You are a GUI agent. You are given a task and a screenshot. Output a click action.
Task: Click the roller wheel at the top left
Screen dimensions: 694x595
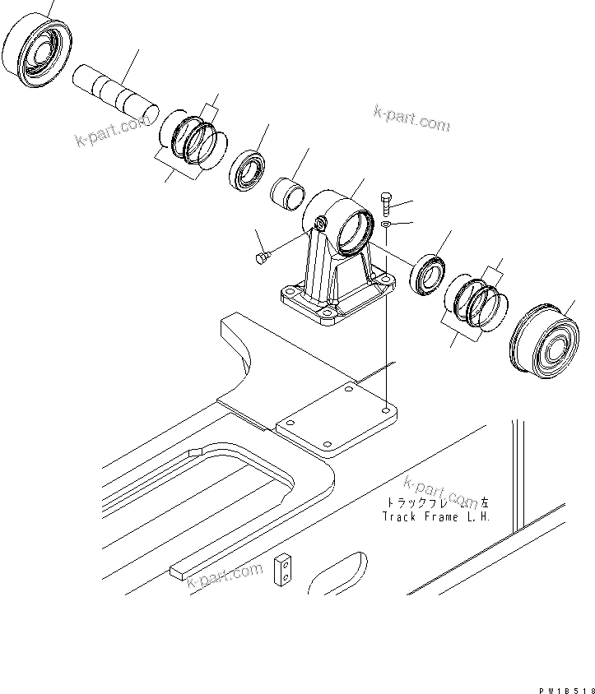37,51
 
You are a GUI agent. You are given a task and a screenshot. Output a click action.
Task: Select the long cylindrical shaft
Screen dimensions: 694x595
114,89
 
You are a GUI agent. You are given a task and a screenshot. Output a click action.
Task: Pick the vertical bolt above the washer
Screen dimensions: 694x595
388,201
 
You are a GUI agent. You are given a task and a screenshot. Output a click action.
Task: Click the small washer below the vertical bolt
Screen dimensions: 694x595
387,224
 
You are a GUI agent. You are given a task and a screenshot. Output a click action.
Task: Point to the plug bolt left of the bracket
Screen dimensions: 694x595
262,259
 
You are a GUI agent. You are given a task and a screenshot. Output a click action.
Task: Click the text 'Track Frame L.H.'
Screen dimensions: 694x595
435,517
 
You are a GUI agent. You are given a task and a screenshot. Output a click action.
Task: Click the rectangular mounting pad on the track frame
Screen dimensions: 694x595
337,419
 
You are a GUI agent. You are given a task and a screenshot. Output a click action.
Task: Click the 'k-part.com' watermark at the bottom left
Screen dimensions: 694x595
224,576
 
